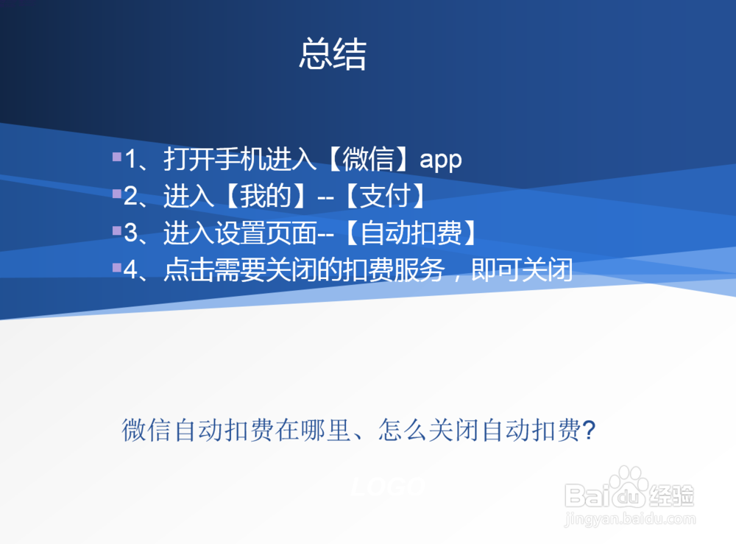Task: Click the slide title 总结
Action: [x=333, y=55]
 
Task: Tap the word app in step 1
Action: [x=440, y=160]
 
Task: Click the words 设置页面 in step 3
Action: [x=264, y=233]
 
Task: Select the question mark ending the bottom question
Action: [x=588, y=430]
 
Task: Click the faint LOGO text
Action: [x=388, y=487]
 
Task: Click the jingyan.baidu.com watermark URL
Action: [x=629, y=520]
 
